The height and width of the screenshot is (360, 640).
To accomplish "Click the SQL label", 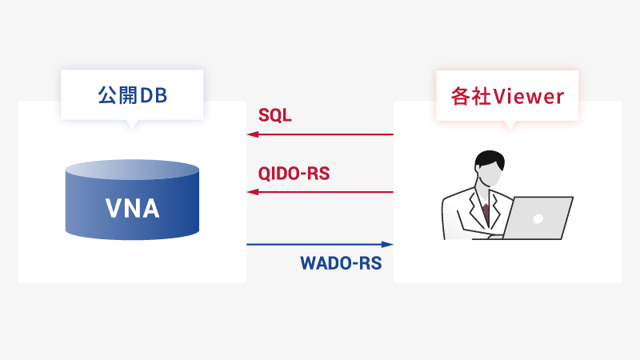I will point(275,115).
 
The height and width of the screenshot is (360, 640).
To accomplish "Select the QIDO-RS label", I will point(294,174).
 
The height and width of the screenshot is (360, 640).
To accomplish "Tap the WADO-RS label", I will point(341,263).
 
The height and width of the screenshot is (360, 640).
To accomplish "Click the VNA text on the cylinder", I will point(133,210).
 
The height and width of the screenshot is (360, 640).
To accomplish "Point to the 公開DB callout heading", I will point(132,96).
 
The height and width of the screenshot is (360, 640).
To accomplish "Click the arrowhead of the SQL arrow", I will point(252,134).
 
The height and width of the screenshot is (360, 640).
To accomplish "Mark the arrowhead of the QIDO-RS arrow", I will point(252,192).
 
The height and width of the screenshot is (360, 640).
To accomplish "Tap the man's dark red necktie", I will point(485,213).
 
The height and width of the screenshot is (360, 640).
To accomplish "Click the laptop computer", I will point(538,218).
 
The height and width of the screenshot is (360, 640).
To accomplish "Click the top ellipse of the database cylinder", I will point(133,170).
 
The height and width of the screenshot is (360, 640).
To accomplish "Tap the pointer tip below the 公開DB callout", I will point(133,126).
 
